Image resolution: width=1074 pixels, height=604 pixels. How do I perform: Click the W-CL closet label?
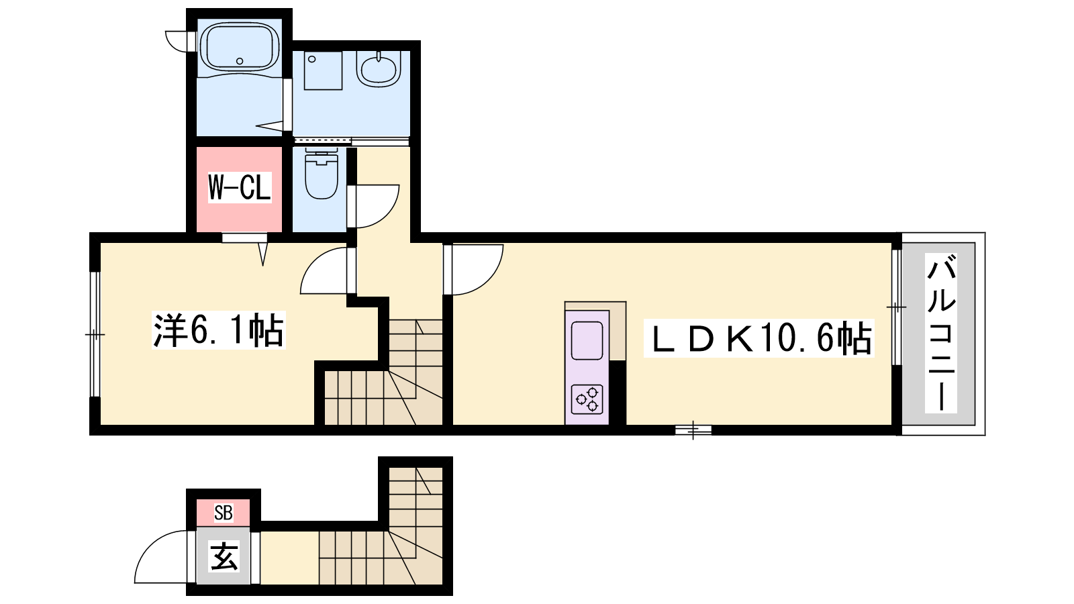[239, 187]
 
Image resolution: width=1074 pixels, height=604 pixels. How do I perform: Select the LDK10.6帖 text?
[759, 338]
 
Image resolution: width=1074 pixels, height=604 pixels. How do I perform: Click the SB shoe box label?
[224, 513]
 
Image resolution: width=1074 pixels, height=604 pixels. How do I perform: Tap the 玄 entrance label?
[224, 556]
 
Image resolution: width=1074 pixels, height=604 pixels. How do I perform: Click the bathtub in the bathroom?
[239, 48]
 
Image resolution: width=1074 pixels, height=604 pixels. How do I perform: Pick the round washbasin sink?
[379, 70]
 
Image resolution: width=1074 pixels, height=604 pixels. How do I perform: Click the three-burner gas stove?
[587, 399]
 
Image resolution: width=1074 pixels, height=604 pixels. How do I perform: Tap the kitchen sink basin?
[587, 341]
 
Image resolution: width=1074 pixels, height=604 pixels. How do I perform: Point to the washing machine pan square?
[323, 70]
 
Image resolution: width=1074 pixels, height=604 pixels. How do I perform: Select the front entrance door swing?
[149, 546]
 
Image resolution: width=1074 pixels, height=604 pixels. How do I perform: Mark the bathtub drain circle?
[240, 61]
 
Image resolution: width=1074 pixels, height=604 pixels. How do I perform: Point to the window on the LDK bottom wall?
[693, 430]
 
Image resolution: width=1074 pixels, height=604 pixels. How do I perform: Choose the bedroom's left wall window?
[95, 334]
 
